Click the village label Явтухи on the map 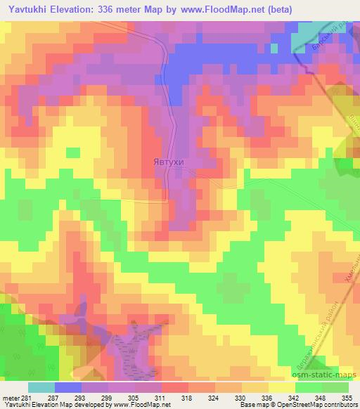(168, 161)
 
